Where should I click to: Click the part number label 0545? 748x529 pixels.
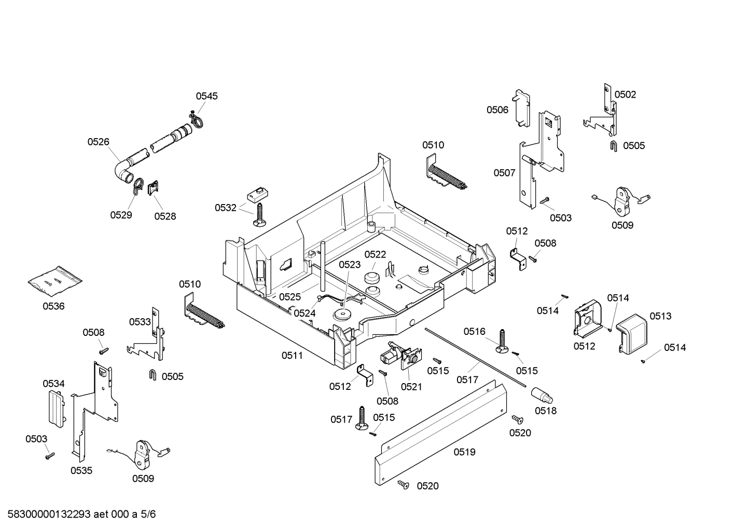tap(206, 96)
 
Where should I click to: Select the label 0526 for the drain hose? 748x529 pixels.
tap(98, 141)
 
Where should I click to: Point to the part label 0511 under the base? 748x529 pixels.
tap(292, 356)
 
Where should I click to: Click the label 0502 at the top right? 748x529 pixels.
tap(625, 94)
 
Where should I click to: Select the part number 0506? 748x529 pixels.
tap(497, 110)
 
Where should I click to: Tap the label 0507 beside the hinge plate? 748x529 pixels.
tap(504, 173)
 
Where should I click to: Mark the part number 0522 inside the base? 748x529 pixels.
tap(375, 254)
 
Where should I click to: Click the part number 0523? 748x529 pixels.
tap(350, 265)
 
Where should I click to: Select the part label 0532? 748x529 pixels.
tap(226, 208)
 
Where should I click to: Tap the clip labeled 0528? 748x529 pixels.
tap(153, 188)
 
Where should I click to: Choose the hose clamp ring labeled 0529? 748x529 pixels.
tap(137, 186)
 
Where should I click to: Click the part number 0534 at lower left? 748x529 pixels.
tap(53, 384)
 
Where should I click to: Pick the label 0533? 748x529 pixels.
tap(140, 322)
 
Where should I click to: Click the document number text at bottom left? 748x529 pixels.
tap(78, 514)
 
